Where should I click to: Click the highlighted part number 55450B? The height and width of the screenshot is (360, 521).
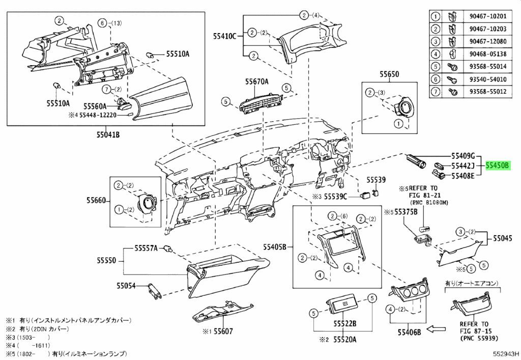[x=498, y=165]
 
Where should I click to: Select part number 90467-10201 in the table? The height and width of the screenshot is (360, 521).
[x=488, y=16]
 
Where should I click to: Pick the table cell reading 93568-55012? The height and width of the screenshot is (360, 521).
[x=488, y=91]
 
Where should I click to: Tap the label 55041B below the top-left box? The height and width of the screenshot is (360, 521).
[x=108, y=134]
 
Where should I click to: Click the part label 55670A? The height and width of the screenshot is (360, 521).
[x=257, y=81]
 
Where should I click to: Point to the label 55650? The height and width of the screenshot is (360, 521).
[x=389, y=74]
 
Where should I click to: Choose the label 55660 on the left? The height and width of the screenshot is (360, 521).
[x=96, y=201]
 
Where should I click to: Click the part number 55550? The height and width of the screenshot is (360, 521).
[x=107, y=260]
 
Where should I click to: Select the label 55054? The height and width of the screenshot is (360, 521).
[x=126, y=285]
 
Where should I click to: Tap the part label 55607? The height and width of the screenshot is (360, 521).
[x=223, y=331]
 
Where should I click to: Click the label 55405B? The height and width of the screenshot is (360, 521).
[x=274, y=247]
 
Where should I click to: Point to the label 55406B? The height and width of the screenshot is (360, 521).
[x=409, y=332]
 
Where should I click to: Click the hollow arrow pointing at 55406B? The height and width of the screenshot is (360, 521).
[x=436, y=329]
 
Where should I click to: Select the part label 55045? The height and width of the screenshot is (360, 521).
[x=502, y=238]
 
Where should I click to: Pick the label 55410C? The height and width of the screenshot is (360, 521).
[x=224, y=36]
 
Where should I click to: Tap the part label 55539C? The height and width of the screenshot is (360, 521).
[x=335, y=197]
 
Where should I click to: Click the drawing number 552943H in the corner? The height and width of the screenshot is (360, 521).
[x=505, y=354]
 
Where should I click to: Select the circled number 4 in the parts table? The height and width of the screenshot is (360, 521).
[x=435, y=53]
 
